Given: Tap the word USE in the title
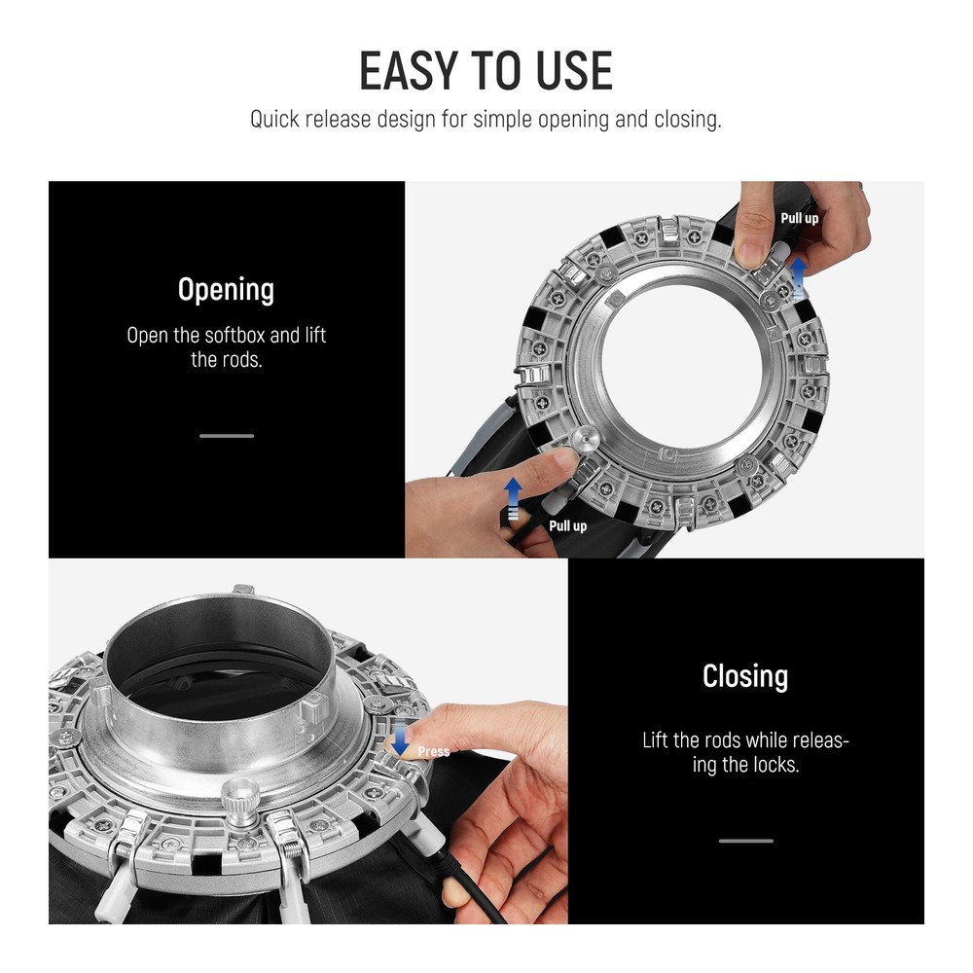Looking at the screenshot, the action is (x=574, y=71).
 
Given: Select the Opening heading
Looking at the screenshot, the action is (x=226, y=290).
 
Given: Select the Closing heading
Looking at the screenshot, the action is (x=745, y=676).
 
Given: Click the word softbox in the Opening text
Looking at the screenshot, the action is (x=234, y=335).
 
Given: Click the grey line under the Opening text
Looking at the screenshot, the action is (x=227, y=436).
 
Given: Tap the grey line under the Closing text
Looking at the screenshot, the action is (x=746, y=841).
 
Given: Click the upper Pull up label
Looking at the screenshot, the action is (x=799, y=218).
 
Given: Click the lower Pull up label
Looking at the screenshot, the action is (x=567, y=526).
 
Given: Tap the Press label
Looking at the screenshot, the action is (x=433, y=751).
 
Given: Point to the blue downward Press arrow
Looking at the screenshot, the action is (x=401, y=739).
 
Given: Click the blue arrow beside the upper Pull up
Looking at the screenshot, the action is (x=799, y=277).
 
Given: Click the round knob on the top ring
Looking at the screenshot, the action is (x=585, y=440).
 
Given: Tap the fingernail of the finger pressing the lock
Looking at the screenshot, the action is (x=393, y=741).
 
